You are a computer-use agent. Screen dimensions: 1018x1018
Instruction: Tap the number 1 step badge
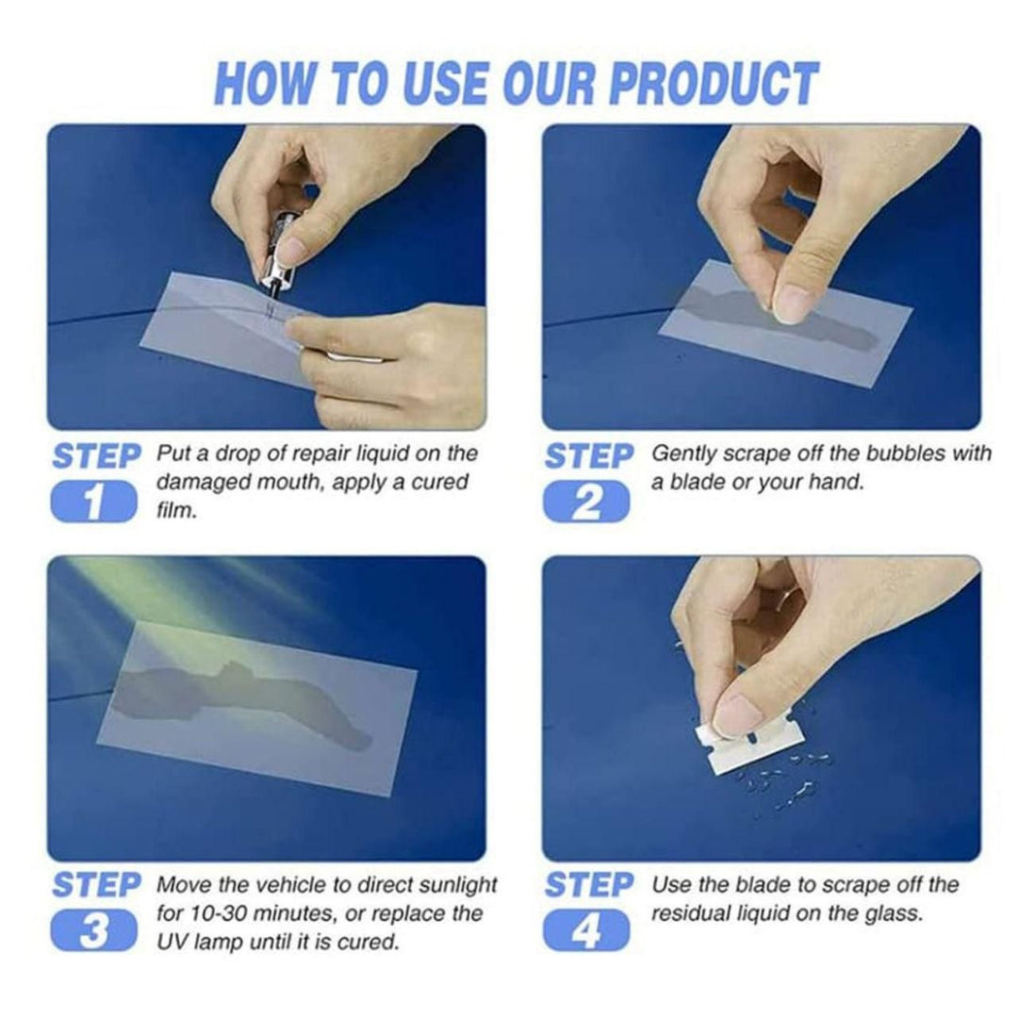[93, 501]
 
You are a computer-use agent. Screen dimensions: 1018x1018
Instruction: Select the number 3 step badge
[93, 930]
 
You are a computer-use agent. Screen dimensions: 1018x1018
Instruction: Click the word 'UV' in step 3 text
[171, 941]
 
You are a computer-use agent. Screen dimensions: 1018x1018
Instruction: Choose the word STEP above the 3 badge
[95, 886]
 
